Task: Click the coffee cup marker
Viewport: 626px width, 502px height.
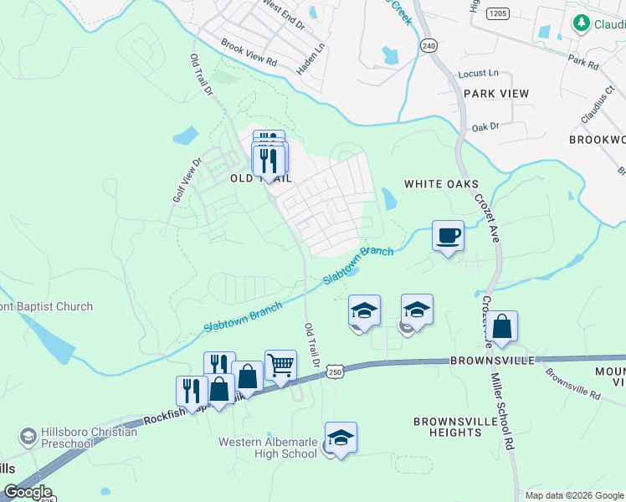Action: [x=448, y=236]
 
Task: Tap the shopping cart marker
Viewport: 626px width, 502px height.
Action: [x=280, y=366]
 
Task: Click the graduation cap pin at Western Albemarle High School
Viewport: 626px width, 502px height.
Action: [x=341, y=438]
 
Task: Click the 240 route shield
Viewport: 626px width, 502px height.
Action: [x=429, y=44]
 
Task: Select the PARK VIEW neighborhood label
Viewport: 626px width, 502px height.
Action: [x=496, y=94]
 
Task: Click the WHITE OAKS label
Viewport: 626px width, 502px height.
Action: [x=441, y=184]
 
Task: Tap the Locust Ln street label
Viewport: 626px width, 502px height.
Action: [x=478, y=74]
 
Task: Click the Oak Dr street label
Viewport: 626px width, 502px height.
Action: [x=485, y=126]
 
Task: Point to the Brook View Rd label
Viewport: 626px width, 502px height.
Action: [x=249, y=55]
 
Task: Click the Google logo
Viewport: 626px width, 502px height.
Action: [x=27, y=492]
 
